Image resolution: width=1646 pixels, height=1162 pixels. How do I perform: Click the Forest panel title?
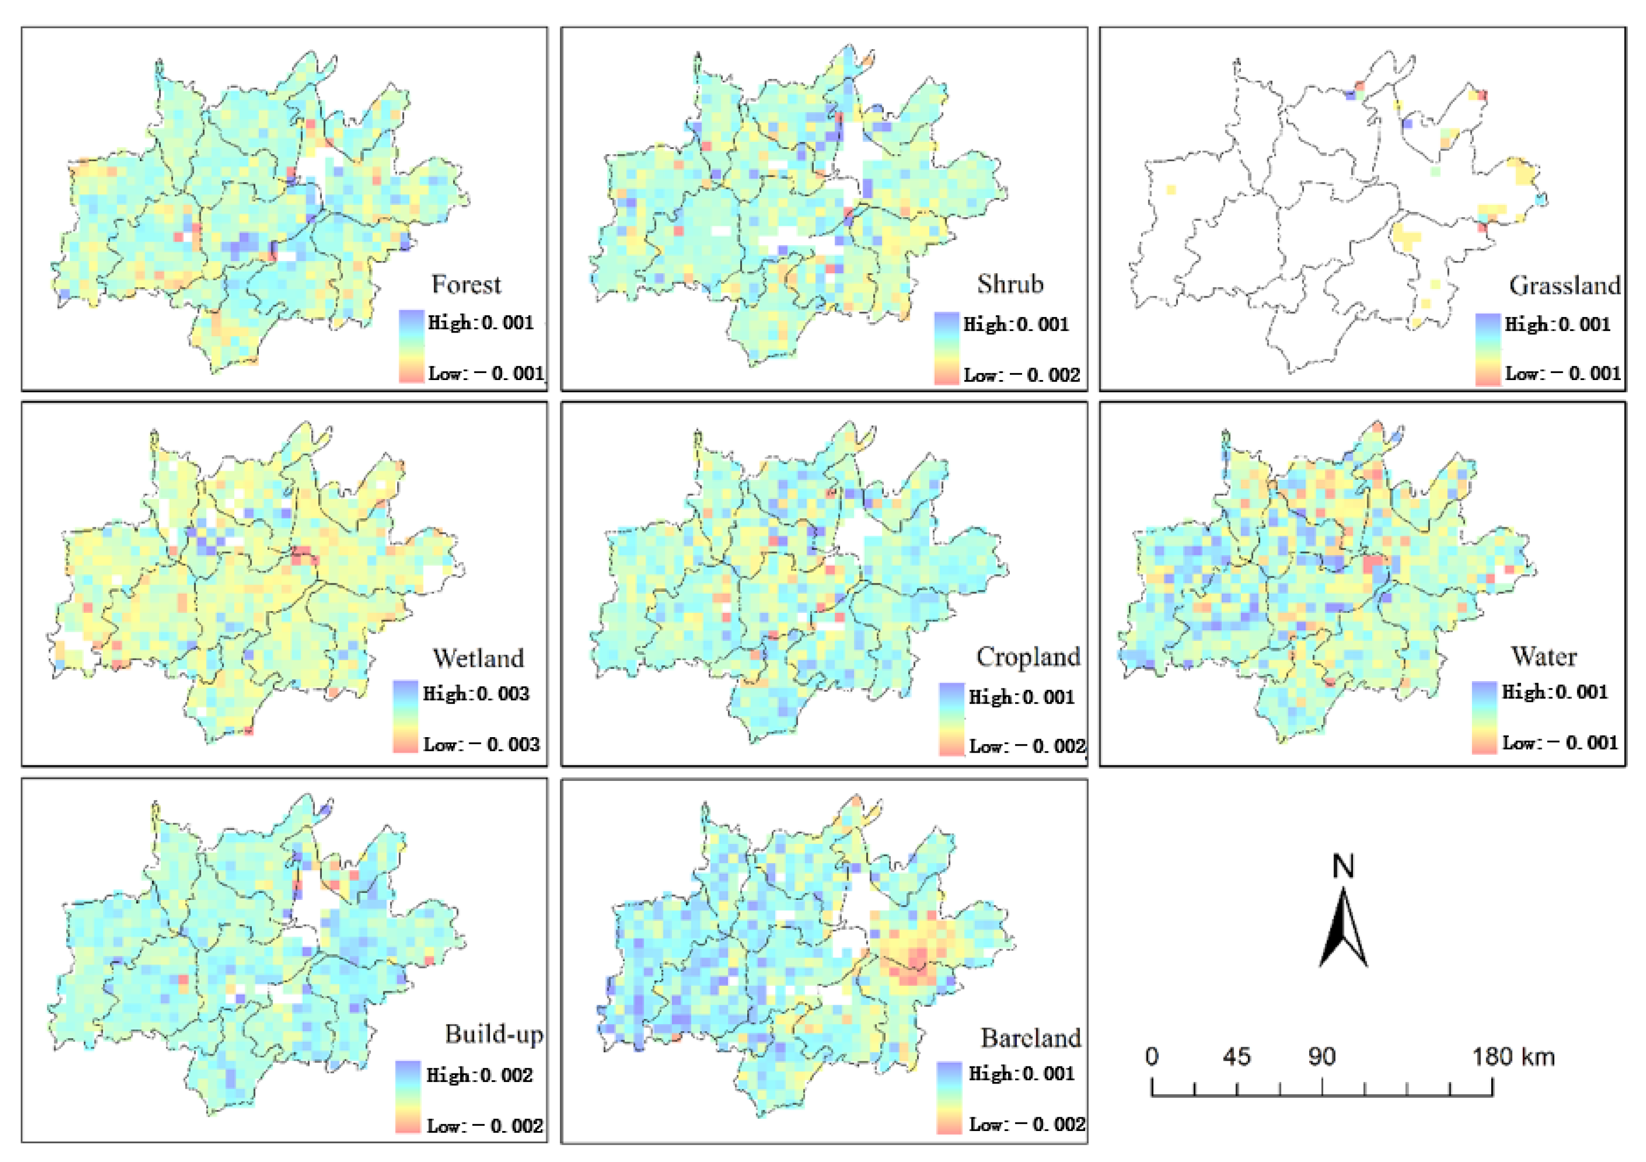466,284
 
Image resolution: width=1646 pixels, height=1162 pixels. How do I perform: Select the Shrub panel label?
1009,284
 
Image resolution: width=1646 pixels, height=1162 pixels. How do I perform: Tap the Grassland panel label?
1564,286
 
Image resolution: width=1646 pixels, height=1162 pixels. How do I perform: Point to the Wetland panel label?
478,658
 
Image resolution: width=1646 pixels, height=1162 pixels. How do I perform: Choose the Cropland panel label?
1028,657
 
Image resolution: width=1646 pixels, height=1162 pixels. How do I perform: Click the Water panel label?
1544,657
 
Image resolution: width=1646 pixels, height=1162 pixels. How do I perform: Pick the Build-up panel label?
493,1034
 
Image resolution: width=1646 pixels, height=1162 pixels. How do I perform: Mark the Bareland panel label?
1030,1038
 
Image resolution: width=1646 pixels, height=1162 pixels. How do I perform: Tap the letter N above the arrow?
1343,867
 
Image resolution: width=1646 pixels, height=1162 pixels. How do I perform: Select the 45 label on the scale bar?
1237,1057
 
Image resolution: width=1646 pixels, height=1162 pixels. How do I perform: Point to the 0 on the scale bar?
1151,1057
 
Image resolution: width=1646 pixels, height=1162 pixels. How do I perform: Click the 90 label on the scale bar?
1321,1057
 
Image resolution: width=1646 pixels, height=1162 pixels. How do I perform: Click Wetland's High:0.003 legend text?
476,694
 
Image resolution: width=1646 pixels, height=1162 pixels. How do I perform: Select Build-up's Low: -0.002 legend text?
485,1126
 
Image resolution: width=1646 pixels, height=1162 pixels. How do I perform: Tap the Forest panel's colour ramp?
411,347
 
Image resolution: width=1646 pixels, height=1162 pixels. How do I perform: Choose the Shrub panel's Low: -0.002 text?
1022,375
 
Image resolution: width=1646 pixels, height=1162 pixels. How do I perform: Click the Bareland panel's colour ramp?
948,1098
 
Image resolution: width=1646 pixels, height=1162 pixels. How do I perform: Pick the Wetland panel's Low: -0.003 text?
481,745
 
